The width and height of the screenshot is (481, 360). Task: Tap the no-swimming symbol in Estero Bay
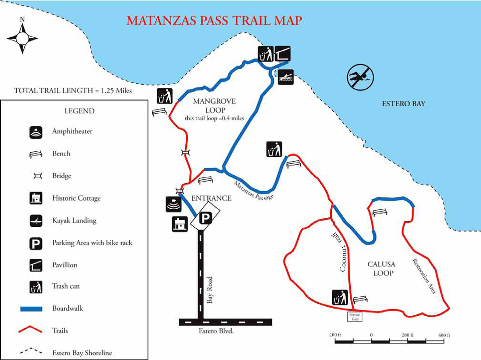click(x=360, y=77)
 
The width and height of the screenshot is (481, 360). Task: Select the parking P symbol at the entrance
click(x=205, y=218)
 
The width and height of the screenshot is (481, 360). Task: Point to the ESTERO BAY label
click(x=404, y=103)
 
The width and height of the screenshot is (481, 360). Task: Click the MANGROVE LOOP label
click(x=214, y=105)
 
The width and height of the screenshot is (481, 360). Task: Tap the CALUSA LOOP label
click(x=381, y=269)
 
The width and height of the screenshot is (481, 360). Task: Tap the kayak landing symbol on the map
click(x=286, y=77)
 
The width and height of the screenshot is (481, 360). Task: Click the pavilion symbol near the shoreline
click(x=282, y=54)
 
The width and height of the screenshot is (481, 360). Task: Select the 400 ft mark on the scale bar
click(x=442, y=335)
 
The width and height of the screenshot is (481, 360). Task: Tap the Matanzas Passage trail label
click(x=254, y=190)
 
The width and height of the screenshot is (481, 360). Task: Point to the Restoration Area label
click(x=424, y=276)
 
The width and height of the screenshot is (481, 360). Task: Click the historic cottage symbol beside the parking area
click(x=180, y=224)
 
